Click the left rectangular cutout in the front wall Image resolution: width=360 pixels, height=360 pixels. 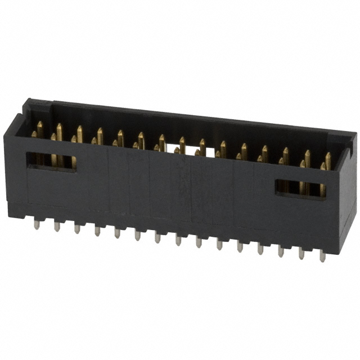click(51, 161)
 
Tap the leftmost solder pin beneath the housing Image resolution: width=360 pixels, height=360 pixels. click(37, 224)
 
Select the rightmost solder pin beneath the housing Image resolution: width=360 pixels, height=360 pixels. click(322, 256)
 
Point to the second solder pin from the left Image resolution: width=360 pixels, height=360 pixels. click(57, 226)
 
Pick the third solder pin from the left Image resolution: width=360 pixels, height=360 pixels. click(77, 228)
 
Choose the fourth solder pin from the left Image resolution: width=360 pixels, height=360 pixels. click(97, 231)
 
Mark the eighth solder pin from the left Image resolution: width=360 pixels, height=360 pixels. click(178, 240)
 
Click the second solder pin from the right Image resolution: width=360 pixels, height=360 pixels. click(301, 254)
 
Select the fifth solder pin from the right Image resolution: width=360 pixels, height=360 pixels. click(240, 246)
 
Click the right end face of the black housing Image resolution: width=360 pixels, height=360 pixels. click(348, 191)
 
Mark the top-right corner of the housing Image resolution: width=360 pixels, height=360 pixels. click(354, 135)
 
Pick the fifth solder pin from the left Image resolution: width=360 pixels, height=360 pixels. click(117, 233)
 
